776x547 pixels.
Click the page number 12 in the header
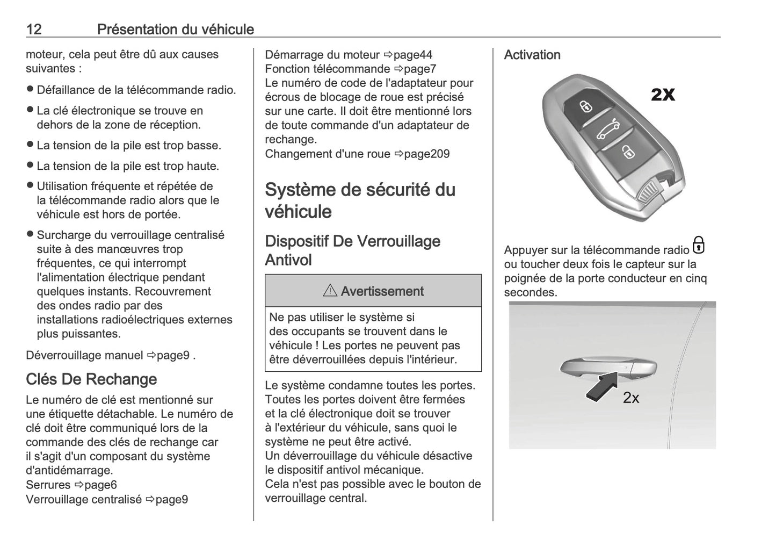34,29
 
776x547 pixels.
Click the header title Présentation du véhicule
175,29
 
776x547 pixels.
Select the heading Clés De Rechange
91,379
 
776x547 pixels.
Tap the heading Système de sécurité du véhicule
360,200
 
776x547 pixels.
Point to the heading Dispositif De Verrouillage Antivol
353,250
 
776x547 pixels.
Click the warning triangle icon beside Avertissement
330,291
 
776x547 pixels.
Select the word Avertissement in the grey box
382,291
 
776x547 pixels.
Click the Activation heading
532,55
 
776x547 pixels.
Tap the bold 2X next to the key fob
663,95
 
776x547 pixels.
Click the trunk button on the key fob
607,129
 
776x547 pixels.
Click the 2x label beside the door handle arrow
631,398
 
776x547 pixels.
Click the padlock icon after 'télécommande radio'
698,245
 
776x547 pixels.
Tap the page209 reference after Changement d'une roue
426,154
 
